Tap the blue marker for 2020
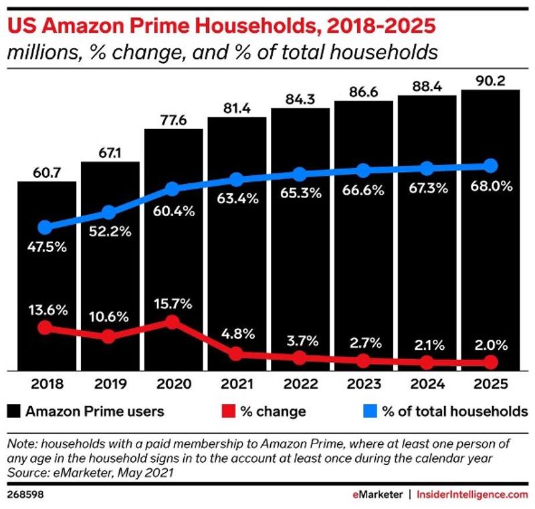(x=173, y=189)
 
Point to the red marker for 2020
(x=173, y=322)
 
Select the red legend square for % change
(x=229, y=411)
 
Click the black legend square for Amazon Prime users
(x=13, y=411)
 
